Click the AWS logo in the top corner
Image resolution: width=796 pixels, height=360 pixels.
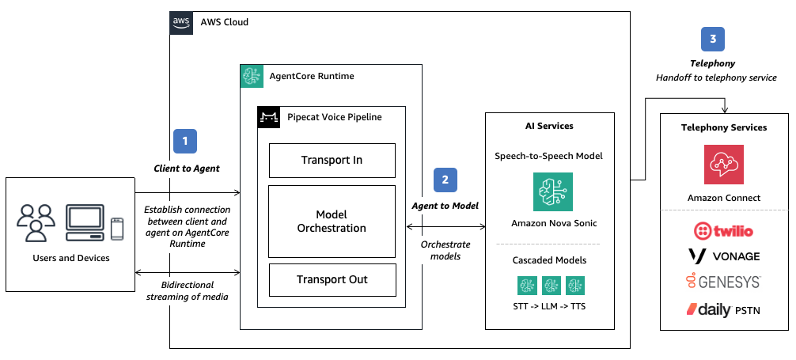tap(181, 22)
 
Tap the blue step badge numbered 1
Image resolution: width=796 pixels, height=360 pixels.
tap(184, 142)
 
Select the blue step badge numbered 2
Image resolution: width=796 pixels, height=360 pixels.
tap(445, 180)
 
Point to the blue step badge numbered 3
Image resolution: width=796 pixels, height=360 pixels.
tap(712, 40)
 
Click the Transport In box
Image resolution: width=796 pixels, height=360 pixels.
tap(332, 161)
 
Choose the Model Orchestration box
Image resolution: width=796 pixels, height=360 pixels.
tap(332, 222)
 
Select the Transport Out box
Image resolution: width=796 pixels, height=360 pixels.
tap(332, 279)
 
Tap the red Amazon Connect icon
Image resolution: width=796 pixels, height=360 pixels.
tap(724, 165)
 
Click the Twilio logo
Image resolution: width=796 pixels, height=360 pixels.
tap(724, 231)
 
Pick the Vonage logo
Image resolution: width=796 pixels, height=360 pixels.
tap(724, 256)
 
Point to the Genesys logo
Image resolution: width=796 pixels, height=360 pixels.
tap(724, 282)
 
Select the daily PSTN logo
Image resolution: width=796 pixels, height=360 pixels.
tap(724, 309)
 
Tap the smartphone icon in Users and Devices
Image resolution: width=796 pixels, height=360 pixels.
tap(117, 228)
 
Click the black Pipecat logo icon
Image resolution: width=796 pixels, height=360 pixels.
tap(269, 118)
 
